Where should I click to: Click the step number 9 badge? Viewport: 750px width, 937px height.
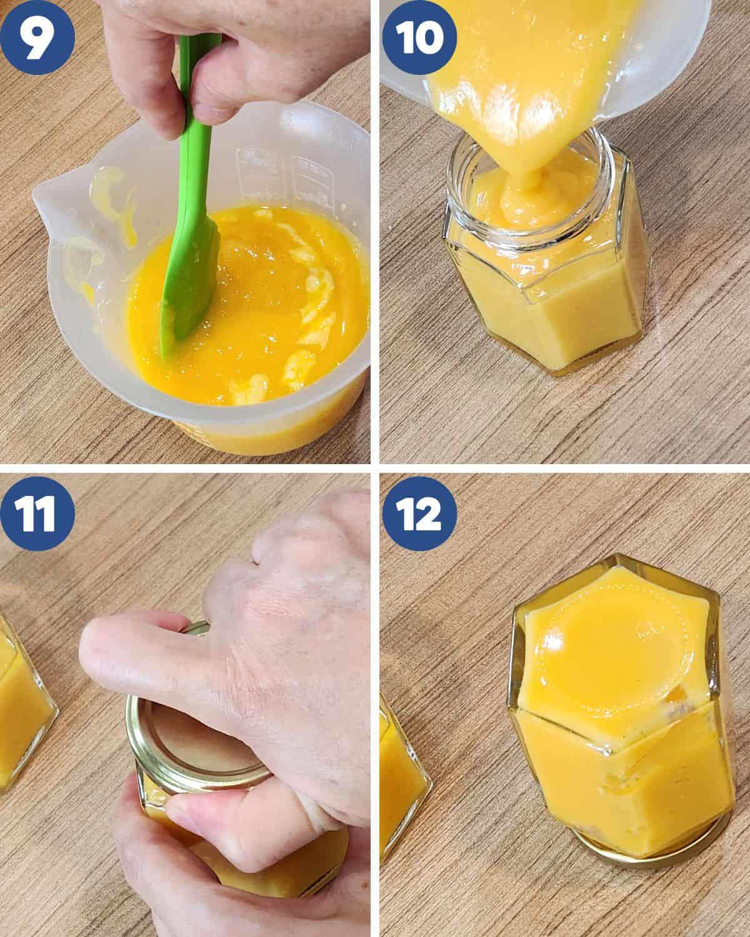tap(37, 38)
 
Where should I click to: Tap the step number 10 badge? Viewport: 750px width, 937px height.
tap(419, 37)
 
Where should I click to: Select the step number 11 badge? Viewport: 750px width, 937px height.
tap(37, 513)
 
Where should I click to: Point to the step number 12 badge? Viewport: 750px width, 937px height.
tap(419, 513)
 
